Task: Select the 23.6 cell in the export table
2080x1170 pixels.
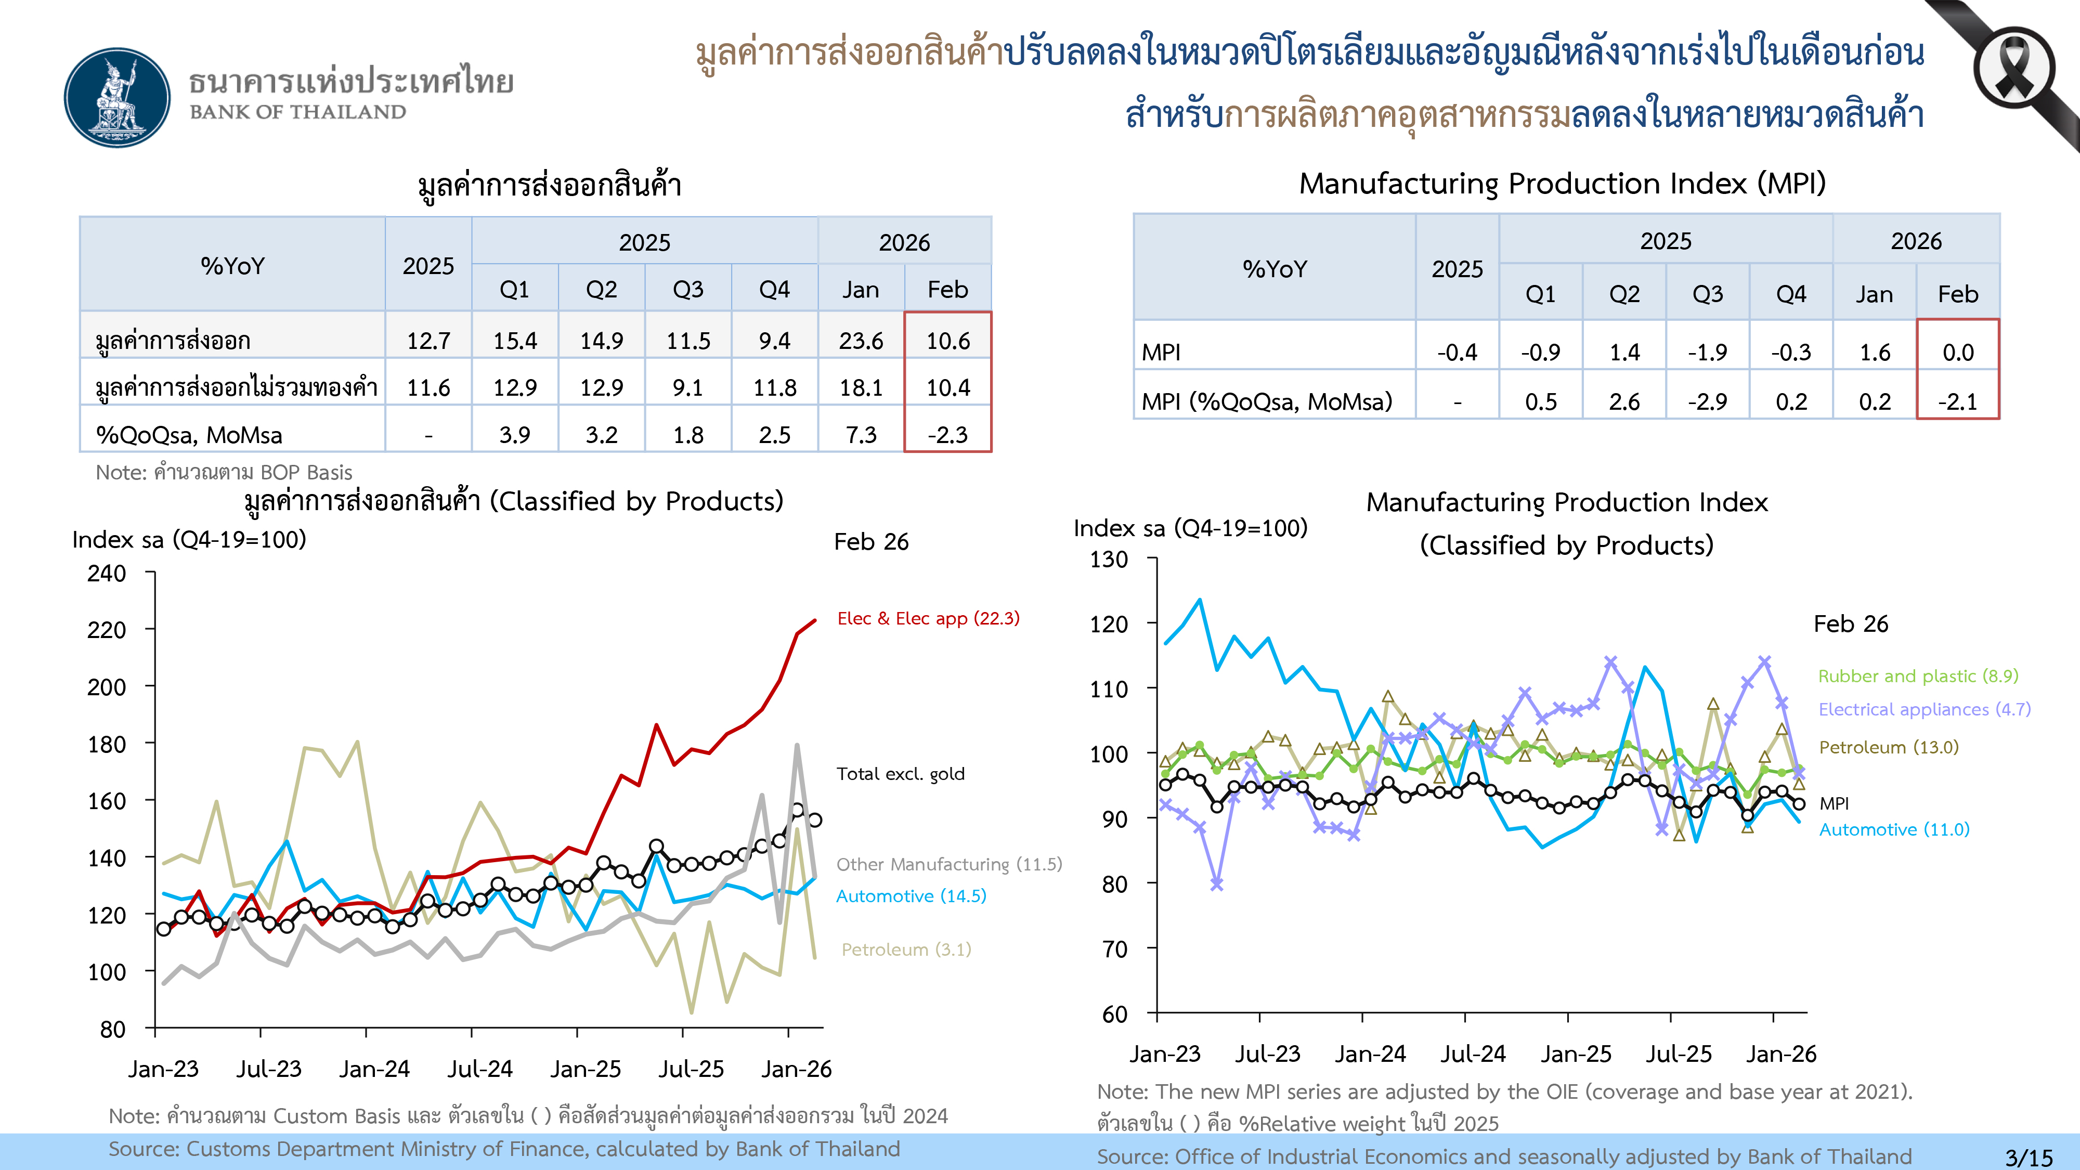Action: click(861, 341)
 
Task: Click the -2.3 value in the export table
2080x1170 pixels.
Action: click(947, 435)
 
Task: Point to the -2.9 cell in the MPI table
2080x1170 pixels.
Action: click(1707, 401)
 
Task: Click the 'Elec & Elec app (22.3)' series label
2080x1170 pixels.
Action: click(928, 618)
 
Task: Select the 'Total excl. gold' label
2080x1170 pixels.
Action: click(900, 774)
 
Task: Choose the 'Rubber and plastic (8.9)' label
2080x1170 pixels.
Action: click(1918, 676)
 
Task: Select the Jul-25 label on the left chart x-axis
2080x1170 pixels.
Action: click(691, 1069)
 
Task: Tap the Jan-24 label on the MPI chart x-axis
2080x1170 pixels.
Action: click(1370, 1054)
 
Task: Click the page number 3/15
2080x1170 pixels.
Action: click(2029, 1157)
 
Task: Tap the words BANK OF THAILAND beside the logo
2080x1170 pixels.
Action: click(298, 112)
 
